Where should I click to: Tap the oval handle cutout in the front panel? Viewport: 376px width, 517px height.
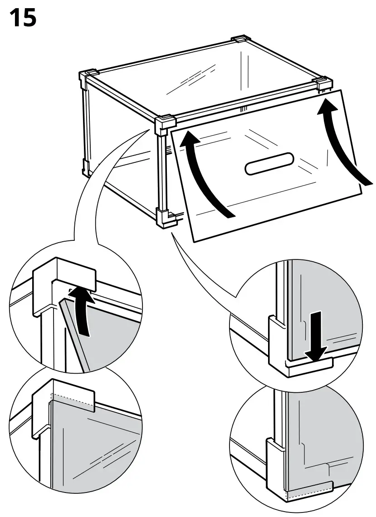tap(269, 164)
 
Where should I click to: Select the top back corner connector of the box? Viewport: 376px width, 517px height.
tap(240, 41)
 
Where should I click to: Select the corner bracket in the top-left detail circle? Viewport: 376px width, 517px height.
tap(63, 281)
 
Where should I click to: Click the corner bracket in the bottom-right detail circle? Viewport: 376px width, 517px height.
tap(290, 476)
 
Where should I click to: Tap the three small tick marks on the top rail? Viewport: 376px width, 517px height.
tap(244, 108)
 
